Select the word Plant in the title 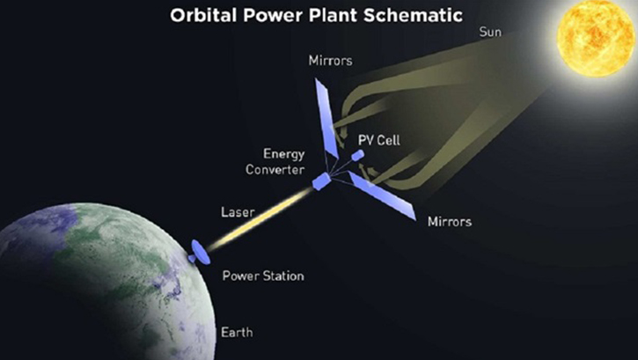click(x=341, y=15)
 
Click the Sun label click(x=490, y=33)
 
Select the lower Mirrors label click(x=449, y=221)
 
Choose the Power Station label click(x=262, y=276)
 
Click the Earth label click(x=237, y=332)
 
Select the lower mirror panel click(x=382, y=195)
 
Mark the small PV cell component click(x=358, y=155)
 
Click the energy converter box click(x=321, y=180)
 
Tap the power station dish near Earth click(x=199, y=253)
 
